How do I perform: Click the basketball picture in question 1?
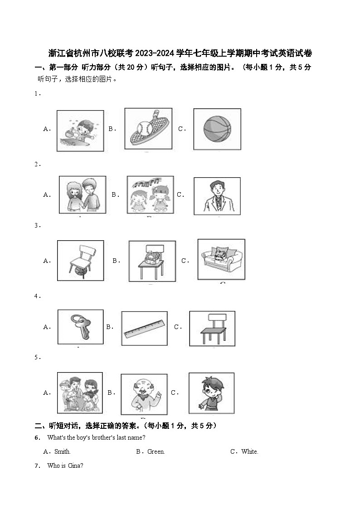click(x=217, y=129)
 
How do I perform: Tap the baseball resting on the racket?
click(x=145, y=128)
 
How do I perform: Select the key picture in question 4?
click(x=80, y=326)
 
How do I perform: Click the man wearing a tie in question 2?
click(x=218, y=196)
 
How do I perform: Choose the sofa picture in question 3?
click(x=221, y=260)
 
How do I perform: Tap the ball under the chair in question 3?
click(x=80, y=271)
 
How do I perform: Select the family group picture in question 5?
click(x=79, y=393)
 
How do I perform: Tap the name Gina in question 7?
click(x=74, y=466)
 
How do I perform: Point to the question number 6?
click(x=37, y=437)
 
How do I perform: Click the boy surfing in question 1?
click(x=79, y=132)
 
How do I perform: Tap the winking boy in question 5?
click(x=211, y=393)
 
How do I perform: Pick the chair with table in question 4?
click(x=213, y=329)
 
